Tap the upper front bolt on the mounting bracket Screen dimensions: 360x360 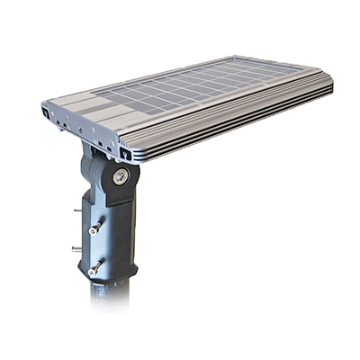click(x=94, y=229)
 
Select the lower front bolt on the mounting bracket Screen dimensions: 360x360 click(x=93, y=267)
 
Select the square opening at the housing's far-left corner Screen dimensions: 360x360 click(x=46, y=114)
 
